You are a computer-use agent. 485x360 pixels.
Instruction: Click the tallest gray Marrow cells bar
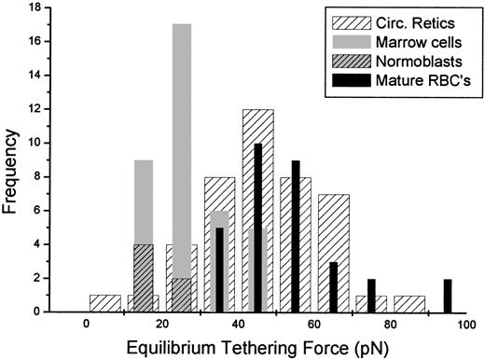click(x=182, y=168)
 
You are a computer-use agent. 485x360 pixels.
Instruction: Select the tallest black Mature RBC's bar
click(x=257, y=224)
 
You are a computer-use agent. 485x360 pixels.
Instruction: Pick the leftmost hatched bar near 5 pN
click(x=105, y=303)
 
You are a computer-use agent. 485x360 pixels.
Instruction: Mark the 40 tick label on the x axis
click(x=239, y=325)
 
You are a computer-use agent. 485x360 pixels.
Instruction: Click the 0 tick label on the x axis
click(x=86, y=325)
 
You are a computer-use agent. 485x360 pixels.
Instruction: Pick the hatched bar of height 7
click(x=333, y=253)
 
